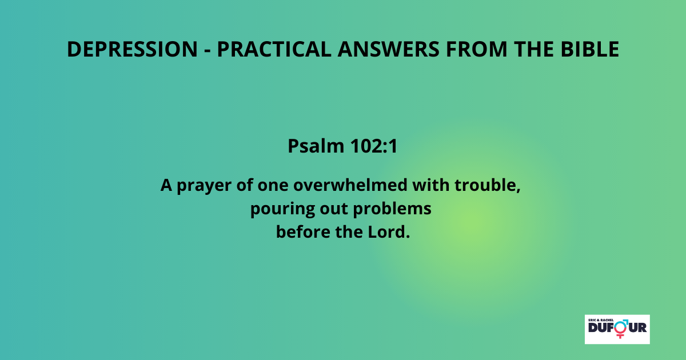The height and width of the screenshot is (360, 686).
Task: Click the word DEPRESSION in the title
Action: [x=132, y=49]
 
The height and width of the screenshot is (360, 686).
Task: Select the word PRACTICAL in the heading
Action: [x=274, y=49]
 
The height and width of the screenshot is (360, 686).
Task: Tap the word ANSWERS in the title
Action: [x=389, y=49]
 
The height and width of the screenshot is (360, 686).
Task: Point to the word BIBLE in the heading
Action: [x=590, y=49]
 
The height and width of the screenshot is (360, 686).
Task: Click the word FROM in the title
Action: [x=477, y=49]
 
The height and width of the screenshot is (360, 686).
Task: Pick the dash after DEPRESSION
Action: [x=208, y=50]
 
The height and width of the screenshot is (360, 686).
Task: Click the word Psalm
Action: [x=316, y=146]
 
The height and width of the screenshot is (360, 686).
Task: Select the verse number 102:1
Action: [x=374, y=146]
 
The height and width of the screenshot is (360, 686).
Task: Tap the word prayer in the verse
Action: [x=204, y=186]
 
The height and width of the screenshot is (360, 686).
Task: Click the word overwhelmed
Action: [x=350, y=185]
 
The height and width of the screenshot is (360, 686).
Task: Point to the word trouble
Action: [x=488, y=185]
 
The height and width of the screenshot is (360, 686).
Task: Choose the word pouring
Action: [x=282, y=209]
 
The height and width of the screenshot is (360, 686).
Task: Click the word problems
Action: [x=392, y=209]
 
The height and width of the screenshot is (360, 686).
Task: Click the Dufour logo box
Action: [x=617, y=329]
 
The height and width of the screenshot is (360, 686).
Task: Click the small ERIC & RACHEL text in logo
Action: [x=601, y=320]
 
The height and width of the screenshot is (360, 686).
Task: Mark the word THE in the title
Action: [x=534, y=49]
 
